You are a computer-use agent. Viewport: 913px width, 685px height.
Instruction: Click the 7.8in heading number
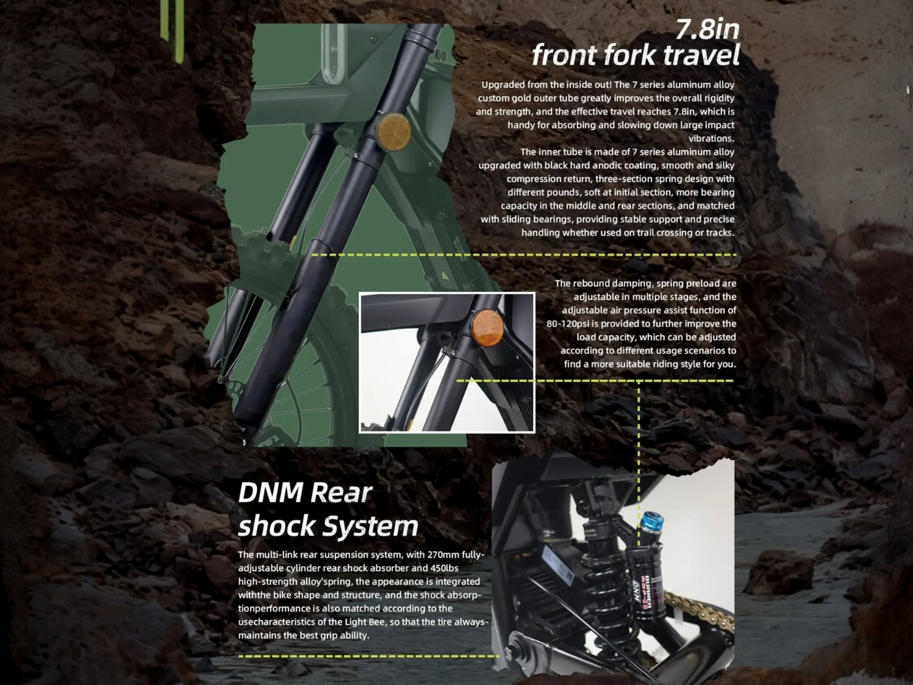(708, 29)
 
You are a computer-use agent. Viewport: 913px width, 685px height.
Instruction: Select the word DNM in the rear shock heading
(270, 492)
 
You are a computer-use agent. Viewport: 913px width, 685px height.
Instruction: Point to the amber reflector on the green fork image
(393, 131)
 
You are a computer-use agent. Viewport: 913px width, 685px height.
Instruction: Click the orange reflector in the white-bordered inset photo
(487, 328)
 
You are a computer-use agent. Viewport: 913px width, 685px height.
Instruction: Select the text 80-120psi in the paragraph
(567, 324)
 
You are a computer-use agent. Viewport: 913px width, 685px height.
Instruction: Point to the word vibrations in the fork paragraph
(711, 138)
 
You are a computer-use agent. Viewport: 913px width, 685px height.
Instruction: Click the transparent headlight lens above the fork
(334, 53)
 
